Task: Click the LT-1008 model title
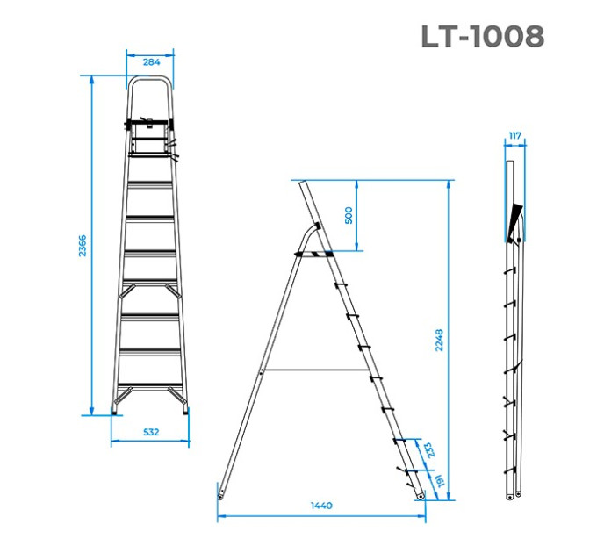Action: pyautogui.click(x=482, y=37)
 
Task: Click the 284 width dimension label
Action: pyautogui.click(x=151, y=62)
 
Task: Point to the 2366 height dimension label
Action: pyautogui.click(x=83, y=246)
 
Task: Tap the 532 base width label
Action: pyautogui.click(x=151, y=432)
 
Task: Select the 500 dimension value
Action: pyautogui.click(x=349, y=215)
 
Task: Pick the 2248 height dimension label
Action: pyautogui.click(x=439, y=340)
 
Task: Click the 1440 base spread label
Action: pyautogui.click(x=321, y=506)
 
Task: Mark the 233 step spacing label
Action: pyautogui.click(x=428, y=450)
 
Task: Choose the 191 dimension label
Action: pyautogui.click(x=440, y=481)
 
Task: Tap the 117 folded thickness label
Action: pyautogui.click(x=514, y=136)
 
